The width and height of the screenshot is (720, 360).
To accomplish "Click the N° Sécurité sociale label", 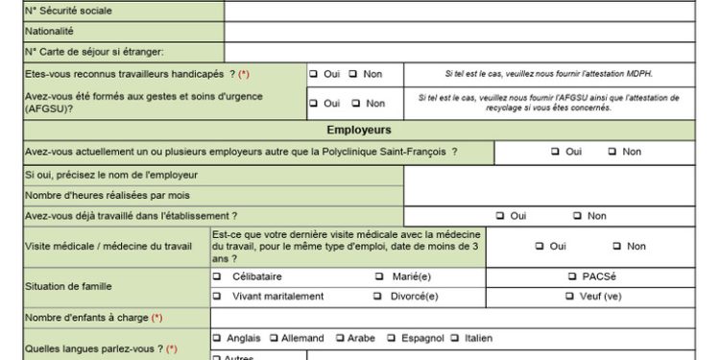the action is coord(68,11).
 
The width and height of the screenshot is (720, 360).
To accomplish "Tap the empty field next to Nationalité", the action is coord(470,31).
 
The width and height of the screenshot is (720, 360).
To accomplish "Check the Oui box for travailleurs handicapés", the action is coord(314,74).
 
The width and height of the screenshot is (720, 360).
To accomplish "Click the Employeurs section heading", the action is coord(358,130).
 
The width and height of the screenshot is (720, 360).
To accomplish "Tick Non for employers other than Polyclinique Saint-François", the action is coord(612,152).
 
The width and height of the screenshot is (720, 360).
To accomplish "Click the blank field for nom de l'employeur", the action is coord(561,175).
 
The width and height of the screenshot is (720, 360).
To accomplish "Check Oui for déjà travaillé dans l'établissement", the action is coord(500,216).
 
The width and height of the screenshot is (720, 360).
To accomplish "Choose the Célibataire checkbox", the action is coord(218,277).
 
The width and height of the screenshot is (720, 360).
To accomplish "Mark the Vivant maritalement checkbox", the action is coord(218,297).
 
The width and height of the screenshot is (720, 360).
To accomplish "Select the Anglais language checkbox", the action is coord(218,338).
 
